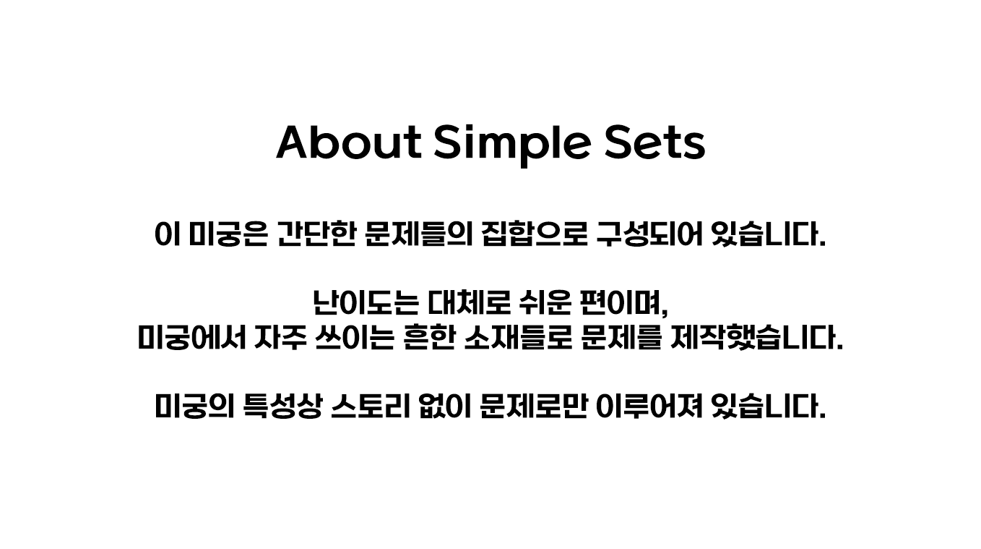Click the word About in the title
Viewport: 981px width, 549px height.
[x=349, y=142]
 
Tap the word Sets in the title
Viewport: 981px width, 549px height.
[x=654, y=142]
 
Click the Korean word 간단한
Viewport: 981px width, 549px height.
[x=316, y=234]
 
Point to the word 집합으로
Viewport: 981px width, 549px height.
[x=534, y=234]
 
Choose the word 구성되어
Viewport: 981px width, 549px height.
[x=649, y=234]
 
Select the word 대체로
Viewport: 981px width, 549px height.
[x=469, y=303]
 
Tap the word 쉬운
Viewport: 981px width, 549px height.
[x=545, y=303]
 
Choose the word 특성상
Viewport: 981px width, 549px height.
[x=282, y=407]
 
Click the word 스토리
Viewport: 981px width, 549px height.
[x=371, y=407]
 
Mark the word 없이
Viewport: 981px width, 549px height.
[x=444, y=407]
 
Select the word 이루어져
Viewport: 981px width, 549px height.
[x=649, y=407]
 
